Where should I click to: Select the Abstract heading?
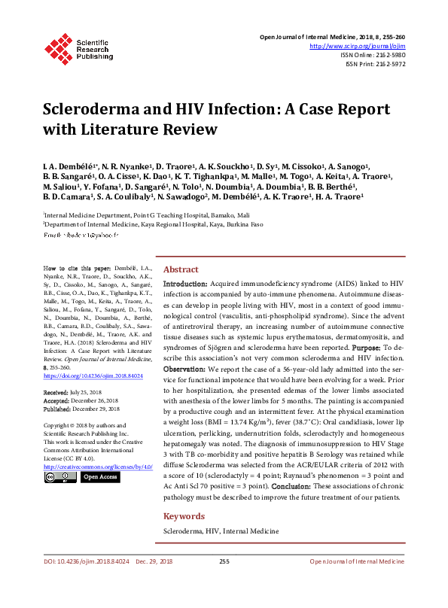click(181, 269)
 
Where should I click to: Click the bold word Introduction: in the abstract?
click(186, 284)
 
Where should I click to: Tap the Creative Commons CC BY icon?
click(59, 456)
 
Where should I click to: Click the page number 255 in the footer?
click(224, 582)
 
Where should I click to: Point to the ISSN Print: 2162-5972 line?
click(375, 64)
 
